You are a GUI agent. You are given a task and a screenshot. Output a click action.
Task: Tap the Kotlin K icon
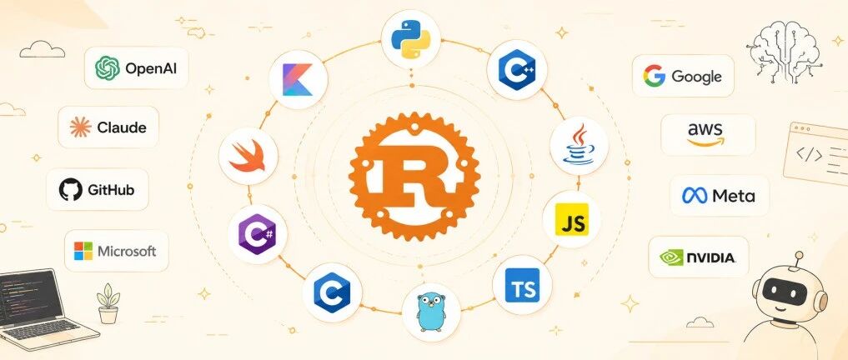(x=298, y=79)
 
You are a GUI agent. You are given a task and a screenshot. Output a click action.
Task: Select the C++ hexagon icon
(x=516, y=70)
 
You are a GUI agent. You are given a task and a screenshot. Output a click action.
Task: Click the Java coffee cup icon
(x=579, y=144)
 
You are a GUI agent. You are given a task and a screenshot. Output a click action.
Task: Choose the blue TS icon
(x=522, y=285)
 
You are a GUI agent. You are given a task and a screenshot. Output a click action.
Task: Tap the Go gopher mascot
(x=431, y=312)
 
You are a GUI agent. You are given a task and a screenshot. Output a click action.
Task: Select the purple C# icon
(x=256, y=234)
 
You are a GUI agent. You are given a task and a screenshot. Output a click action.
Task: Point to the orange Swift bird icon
(x=248, y=156)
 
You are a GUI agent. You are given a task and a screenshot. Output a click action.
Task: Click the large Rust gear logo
(x=414, y=176)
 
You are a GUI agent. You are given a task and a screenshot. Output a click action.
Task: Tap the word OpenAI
(x=151, y=68)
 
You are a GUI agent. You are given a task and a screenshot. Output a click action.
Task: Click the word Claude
(x=122, y=127)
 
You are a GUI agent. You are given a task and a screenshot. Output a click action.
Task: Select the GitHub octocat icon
(x=70, y=190)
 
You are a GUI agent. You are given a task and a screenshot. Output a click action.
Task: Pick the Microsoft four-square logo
(x=83, y=251)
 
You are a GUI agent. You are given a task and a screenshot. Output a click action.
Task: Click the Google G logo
(x=654, y=76)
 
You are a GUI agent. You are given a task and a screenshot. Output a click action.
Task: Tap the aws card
(x=707, y=135)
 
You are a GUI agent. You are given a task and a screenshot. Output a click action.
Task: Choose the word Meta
(x=733, y=196)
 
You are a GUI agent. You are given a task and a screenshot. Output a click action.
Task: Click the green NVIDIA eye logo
(x=672, y=257)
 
